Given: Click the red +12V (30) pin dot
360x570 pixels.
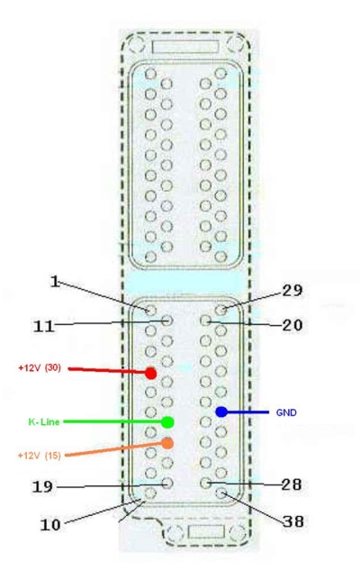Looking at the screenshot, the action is [151, 374].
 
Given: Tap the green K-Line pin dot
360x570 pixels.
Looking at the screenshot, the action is [167, 422].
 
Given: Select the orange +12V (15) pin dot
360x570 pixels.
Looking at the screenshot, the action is [167, 443].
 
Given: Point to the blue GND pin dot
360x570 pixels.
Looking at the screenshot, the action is [221, 412].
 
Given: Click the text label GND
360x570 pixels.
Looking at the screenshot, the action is [286, 412].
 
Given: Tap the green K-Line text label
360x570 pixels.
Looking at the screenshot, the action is [44, 422].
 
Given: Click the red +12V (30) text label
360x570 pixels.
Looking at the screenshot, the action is [40, 368].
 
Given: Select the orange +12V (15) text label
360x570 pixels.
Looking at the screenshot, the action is [40, 455].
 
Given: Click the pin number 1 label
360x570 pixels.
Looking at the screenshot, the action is [55, 282].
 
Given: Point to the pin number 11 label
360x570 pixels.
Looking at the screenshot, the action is [44, 326].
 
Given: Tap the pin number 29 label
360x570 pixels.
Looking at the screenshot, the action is [292, 291].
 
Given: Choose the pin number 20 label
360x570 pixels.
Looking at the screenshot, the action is [292, 325].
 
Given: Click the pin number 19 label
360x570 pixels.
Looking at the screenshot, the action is [43, 487].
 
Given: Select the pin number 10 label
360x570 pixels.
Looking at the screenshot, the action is [50, 525].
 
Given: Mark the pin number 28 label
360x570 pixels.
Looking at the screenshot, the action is [292, 484].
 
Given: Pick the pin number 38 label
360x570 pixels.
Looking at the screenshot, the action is [293, 521].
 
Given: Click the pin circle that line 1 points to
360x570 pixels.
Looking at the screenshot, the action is [150, 310].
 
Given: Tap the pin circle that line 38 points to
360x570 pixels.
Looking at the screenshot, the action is [220, 493].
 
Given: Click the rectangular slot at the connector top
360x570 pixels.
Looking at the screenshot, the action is [185, 47].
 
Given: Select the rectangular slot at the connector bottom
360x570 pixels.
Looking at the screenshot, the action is [206, 532].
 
